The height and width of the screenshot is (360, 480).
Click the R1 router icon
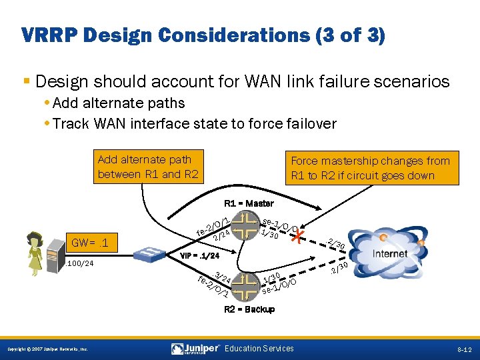point(246,225)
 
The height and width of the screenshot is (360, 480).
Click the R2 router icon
point(246,285)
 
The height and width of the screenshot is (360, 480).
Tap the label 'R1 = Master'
point(248,203)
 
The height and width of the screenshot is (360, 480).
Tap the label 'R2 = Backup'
point(248,309)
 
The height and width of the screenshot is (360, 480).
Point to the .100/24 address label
point(79,264)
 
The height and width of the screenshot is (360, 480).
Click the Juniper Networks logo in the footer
point(195,349)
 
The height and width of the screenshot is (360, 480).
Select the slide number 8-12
point(464,349)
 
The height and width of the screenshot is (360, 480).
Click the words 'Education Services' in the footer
point(259,348)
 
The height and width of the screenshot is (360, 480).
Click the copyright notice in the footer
point(47,349)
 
